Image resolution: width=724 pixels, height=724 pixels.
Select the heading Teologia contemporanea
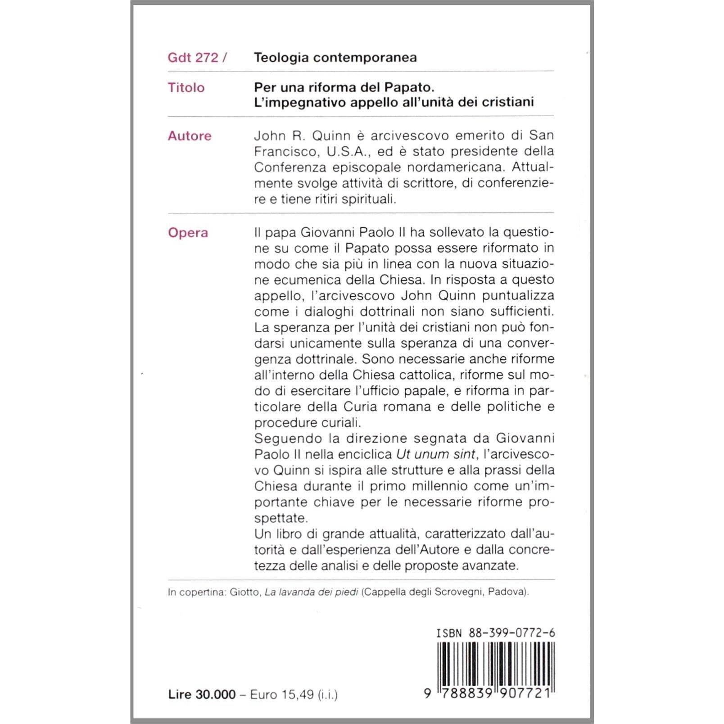click(335, 58)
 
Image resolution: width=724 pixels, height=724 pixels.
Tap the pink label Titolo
click(186, 87)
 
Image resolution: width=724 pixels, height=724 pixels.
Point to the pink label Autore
click(189, 136)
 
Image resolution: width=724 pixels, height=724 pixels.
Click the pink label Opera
click(188, 233)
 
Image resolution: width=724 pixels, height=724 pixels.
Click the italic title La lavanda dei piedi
click(311, 592)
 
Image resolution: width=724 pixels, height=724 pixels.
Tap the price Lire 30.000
click(202, 695)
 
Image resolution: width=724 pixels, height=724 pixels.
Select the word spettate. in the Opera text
click(281, 518)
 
